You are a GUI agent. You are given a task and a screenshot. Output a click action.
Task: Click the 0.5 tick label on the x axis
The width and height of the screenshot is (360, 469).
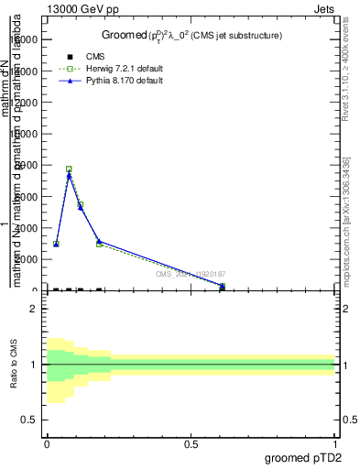tap(191, 442)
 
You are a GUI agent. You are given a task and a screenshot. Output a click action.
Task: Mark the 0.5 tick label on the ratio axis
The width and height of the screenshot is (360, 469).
tap(29, 420)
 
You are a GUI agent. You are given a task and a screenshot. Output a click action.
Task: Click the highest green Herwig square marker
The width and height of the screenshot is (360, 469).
tap(69, 169)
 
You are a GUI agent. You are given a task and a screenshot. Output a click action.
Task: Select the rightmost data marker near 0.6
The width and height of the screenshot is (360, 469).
tap(223, 286)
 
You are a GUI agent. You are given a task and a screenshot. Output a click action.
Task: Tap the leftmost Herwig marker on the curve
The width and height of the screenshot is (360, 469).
tap(56, 244)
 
